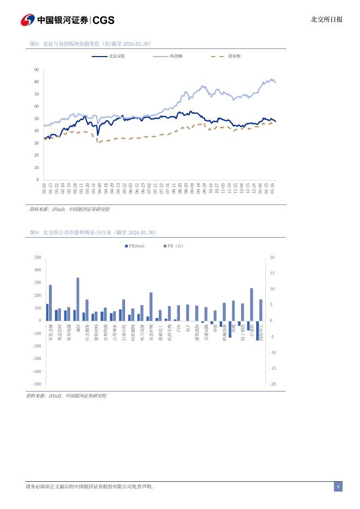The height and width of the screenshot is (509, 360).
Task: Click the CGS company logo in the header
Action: [67, 20]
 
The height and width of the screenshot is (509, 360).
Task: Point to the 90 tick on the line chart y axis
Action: [36, 70]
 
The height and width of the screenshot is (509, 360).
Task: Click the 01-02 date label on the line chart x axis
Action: [45, 188]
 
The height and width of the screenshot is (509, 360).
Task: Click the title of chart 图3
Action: [90, 44]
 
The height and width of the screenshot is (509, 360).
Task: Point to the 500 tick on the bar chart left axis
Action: [38, 257]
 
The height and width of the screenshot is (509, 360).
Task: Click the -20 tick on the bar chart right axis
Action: [272, 384]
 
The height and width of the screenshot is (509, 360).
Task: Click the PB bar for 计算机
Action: [252, 304]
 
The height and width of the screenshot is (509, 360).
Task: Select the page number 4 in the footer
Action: [338, 487]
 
